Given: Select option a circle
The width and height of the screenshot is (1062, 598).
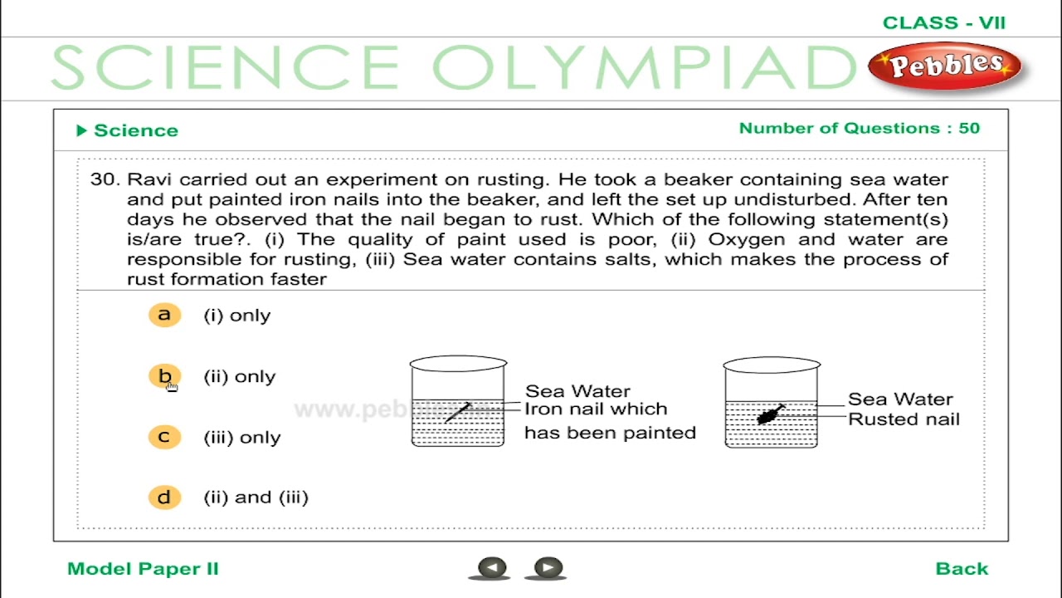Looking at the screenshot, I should coord(164,315).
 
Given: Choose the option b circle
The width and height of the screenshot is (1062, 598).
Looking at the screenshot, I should coord(164,376).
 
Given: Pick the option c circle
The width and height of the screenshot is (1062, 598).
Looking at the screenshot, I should coord(164,437).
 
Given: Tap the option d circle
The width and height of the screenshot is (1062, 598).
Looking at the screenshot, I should coord(164,498).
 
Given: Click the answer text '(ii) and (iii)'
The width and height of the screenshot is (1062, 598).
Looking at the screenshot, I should coord(256,498).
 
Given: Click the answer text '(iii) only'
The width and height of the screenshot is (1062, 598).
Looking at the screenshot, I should coord(242,438).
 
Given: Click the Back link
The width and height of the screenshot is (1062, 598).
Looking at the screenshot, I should coord(962,569).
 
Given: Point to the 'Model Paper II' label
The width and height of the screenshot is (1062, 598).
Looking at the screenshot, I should coord(143,569).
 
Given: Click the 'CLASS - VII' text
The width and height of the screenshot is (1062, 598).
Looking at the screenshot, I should coord(943,23).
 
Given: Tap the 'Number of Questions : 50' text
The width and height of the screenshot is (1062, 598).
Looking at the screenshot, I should coord(859,129).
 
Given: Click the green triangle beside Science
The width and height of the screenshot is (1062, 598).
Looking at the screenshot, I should coord(81,130).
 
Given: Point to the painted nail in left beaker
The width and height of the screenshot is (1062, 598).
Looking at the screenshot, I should coord(457,412).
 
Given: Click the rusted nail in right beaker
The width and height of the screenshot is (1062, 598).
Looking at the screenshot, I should coord(771,414).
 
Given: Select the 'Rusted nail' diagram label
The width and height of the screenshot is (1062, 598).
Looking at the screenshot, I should coord(903,419).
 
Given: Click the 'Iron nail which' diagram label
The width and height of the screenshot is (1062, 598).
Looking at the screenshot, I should coord(596,409).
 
